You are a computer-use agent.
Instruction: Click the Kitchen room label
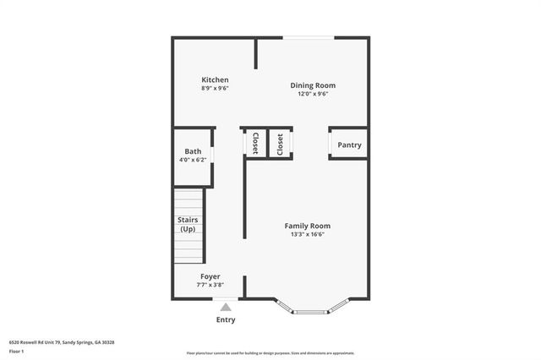pyautogui.click(x=215, y=79)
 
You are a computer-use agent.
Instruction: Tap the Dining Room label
pyautogui.click(x=313, y=85)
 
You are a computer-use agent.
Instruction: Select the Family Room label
pyautogui.click(x=307, y=226)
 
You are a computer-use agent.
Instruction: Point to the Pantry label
pyautogui.click(x=349, y=145)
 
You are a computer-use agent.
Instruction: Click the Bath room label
pyautogui.click(x=194, y=151)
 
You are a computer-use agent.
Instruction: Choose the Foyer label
pyautogui.click(x=210, y=276)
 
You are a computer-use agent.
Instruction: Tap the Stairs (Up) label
pyautogui.click(x=188, y=225)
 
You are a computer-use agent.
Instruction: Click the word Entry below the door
pyautogui.click(x=226, y=319)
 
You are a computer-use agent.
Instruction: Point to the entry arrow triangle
pyautogui.click(x=226, y=308)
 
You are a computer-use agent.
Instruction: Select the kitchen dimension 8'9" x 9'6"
pyautogui.click(x=215, y=88)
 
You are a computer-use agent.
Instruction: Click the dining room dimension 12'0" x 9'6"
pyautogui.click(x=313, y=94)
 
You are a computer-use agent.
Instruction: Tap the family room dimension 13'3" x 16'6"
pyautogui.click(x=307, y=235)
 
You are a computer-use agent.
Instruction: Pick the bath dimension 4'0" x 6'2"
pyautogui.click(x=194, y=160)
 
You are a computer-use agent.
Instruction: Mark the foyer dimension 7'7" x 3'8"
pyautogui.click(x=210, y=285)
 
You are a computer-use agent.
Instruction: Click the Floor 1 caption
pyautogui.click(x=16, y=350)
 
